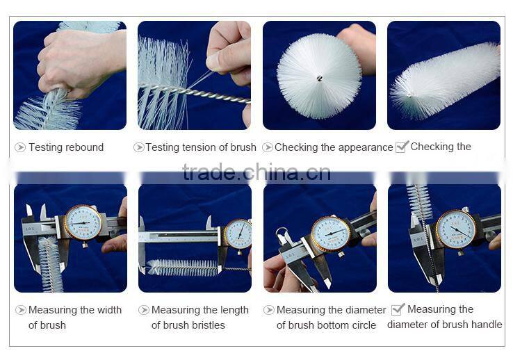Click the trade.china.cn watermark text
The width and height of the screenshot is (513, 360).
tap(256, 172)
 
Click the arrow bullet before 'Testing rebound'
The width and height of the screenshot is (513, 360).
tap(20, 147)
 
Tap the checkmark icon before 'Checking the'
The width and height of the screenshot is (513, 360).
tap(402, 147)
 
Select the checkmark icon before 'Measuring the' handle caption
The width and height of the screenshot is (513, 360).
tap(398, 309)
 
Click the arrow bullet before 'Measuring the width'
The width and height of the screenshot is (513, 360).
tap(21, 310)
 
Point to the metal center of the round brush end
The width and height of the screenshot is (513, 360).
tap(319, 78)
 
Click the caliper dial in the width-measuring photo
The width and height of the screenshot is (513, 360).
tap(83, 223)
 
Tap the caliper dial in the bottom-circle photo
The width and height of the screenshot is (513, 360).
tap(330, 234)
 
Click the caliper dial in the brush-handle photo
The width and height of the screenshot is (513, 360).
tap(456, 229)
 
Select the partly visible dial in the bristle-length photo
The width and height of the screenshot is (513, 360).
tap(238, 235)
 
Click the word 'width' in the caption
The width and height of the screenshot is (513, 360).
tap(109, 310)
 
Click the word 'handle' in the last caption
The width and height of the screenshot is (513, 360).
tap(487, 325)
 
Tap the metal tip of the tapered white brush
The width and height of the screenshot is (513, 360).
tap(409, 95)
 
